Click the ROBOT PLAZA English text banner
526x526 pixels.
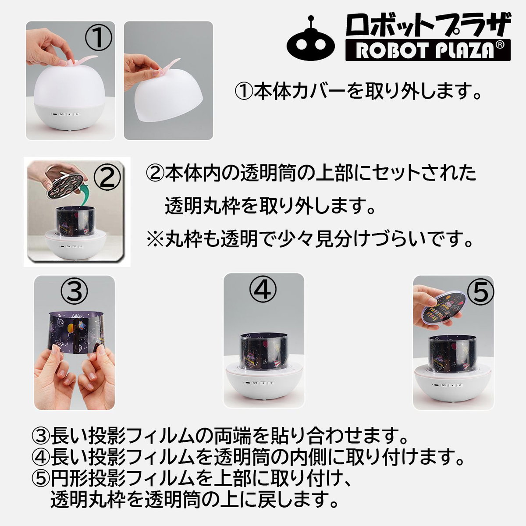point(428,50)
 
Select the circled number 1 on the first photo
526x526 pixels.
point(99,39)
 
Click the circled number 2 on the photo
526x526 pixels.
point(107,177)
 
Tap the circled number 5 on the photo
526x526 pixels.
point(480,292)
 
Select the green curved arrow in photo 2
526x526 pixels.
point(87,195)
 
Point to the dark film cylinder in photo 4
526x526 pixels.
point(263,352)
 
